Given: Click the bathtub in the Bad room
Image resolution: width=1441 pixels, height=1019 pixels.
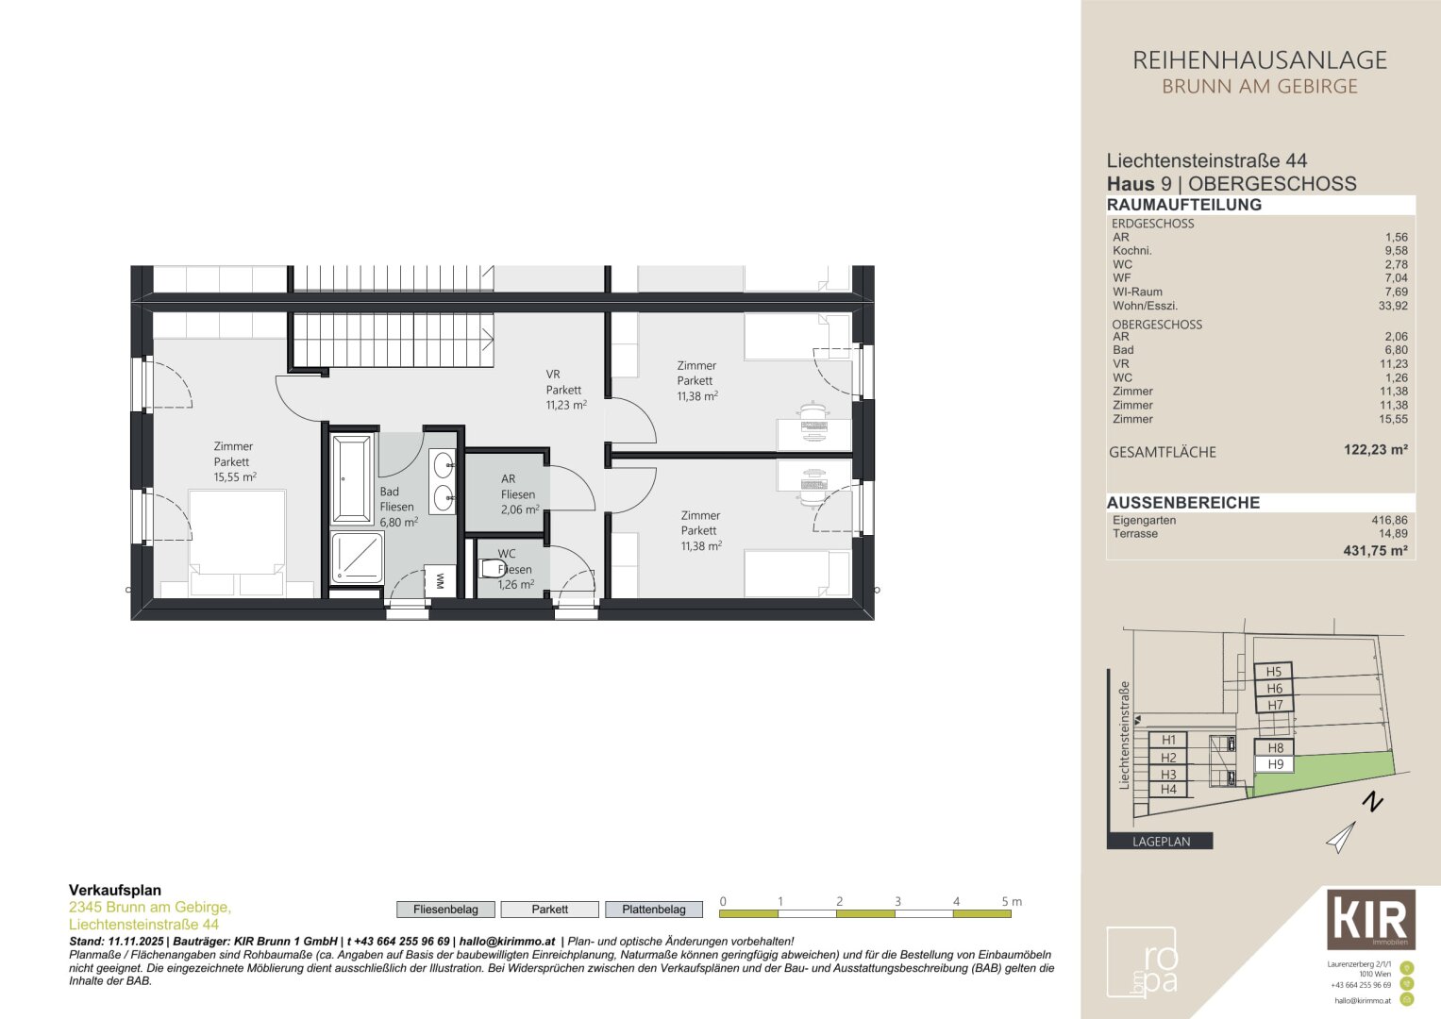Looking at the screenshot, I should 352,478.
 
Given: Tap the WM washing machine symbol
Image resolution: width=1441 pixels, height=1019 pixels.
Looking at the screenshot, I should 439,580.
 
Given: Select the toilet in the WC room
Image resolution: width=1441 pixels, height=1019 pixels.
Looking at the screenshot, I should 493,568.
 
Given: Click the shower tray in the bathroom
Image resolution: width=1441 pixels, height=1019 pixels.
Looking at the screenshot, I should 357,558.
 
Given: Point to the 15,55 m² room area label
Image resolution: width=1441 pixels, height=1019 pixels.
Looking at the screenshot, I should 235,477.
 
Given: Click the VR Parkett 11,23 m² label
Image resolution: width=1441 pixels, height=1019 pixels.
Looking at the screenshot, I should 565,389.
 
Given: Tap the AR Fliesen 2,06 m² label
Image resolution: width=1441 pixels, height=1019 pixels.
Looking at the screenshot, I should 518,493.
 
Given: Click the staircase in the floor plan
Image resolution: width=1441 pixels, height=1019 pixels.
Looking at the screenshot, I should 392,341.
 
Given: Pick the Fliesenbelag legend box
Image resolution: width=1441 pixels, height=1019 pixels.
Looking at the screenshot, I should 445,910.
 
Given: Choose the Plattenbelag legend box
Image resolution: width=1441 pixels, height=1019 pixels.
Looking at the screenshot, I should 653,910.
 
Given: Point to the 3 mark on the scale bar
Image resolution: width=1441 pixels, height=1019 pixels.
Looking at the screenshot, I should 897,902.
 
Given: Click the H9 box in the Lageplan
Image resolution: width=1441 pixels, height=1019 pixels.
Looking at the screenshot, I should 1275,764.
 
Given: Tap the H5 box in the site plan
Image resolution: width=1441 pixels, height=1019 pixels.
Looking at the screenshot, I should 1273,672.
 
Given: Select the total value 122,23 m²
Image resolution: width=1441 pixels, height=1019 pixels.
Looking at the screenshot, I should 1375,450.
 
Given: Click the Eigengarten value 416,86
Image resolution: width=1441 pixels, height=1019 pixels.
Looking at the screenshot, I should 1388,520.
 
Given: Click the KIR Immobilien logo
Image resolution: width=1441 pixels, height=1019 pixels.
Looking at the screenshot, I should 1370,919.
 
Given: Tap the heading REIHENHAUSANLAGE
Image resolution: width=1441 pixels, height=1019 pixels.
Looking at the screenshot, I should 1259,60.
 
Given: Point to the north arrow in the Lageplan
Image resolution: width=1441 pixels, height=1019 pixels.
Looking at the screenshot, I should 1341,837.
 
